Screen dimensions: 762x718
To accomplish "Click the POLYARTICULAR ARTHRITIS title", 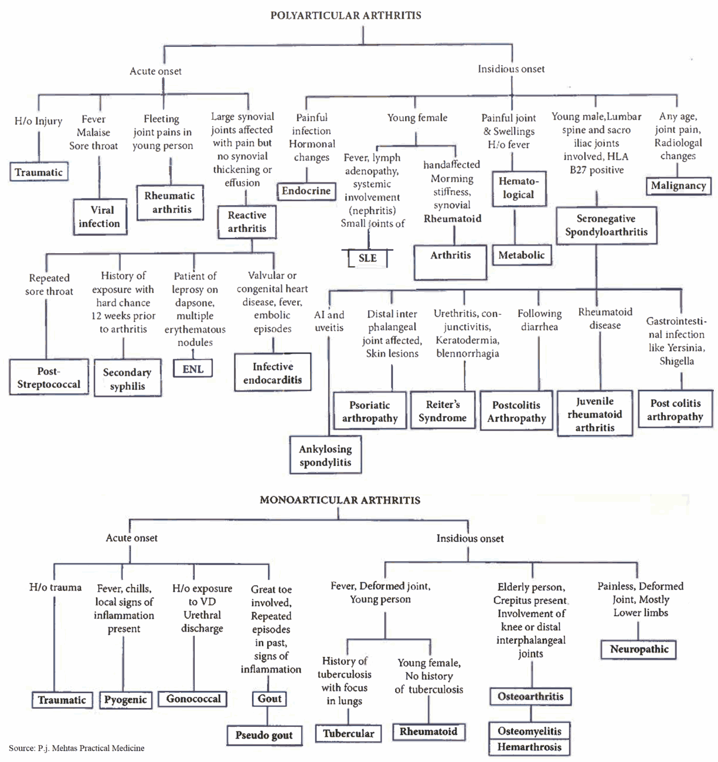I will (x=345, y=15).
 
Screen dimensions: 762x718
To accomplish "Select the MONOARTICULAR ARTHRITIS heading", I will (x=340, y=500).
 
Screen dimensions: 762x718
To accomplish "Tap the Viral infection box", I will (x=100, y=217).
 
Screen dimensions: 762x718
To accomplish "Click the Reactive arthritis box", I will (x=247, y=222).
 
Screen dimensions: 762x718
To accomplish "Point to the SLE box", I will (x=367, y=258).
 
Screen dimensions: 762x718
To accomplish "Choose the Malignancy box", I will (x=678, y=186).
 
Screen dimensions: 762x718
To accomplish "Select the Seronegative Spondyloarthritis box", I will (x=606, y=225).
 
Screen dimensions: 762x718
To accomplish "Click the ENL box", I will (x=193, y=369).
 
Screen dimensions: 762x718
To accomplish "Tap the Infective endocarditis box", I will (x=273, y=373).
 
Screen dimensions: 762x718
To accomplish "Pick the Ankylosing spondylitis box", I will (x=325, y=455).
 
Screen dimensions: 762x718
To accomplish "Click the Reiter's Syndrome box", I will (x=443, y=411).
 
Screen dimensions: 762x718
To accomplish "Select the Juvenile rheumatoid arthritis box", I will (x=595, y=414).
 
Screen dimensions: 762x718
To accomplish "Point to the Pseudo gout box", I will (x=264, y=735).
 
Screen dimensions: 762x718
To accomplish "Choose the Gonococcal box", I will (x=193, y=699).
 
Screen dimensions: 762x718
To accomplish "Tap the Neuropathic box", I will (x=639, y=649).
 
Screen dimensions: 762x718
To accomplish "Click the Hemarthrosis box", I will (x=529, y=747).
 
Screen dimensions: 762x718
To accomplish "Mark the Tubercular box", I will (x=348, y=733).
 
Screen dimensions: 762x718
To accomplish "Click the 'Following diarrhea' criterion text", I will (x=539, y=320).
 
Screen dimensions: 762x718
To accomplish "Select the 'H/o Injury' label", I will (x=38, y=121).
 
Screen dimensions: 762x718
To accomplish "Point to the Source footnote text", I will (x=77, y=748).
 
